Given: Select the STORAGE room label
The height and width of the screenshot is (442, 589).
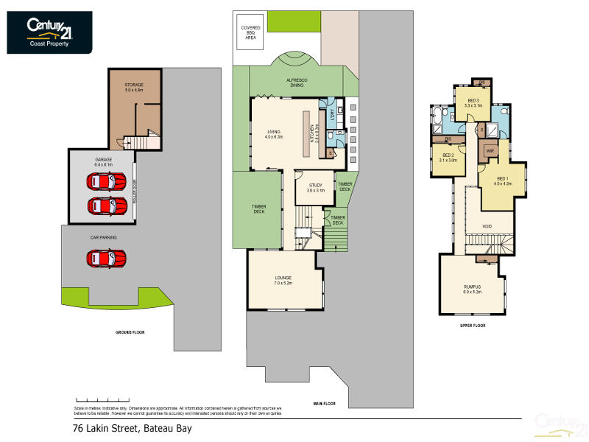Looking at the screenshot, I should [x=134, y=88].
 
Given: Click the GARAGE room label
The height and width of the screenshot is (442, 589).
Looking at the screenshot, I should [x=103, y=161].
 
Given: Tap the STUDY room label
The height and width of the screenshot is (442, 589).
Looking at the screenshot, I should [x=317, y=187].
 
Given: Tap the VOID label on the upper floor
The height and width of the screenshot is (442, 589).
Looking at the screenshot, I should [x=487, y=226].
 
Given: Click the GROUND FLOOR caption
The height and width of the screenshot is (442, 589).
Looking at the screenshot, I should [x=130, y=332].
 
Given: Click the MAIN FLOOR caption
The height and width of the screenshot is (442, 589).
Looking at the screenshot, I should [x=324, y=403].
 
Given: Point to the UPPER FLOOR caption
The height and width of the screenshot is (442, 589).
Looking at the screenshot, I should [x=473, y=324].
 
